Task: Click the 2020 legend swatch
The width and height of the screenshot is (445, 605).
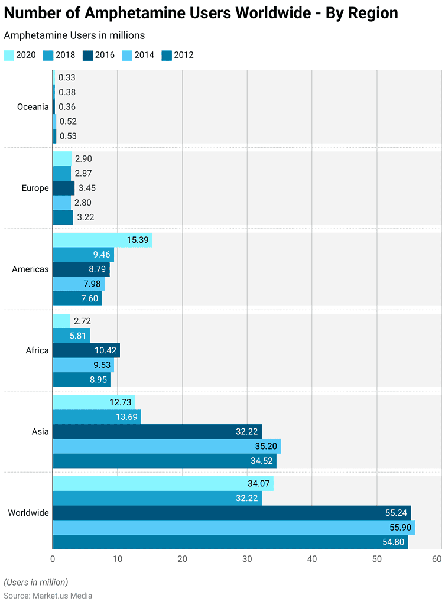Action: (9, 56)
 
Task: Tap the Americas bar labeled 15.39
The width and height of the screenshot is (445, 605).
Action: (102, 240)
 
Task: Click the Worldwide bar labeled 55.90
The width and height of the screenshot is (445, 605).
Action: (233, 527)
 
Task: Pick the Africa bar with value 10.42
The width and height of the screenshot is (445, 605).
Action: (86, 350)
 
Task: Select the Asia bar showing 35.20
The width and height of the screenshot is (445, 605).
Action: (166, 446)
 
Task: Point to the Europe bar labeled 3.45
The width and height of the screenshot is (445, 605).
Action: (63, 188)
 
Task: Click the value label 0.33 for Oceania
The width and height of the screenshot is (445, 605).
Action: (67, 77)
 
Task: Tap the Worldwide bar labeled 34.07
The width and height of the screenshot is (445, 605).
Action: (163, 484)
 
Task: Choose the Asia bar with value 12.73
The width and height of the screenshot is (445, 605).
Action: (94, 402)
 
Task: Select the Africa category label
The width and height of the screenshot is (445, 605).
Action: (37, 350)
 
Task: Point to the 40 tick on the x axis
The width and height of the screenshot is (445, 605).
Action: (312, 559)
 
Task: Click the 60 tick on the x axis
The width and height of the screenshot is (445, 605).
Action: (437, 559)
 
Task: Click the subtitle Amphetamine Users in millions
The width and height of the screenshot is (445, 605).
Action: (74, 36)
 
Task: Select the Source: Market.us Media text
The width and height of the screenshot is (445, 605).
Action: (48, 596)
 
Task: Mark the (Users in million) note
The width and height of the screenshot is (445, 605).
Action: (36, 582)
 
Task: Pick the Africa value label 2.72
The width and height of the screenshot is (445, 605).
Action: (83, 321)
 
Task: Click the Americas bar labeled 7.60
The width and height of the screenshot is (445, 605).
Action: (77, 298)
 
